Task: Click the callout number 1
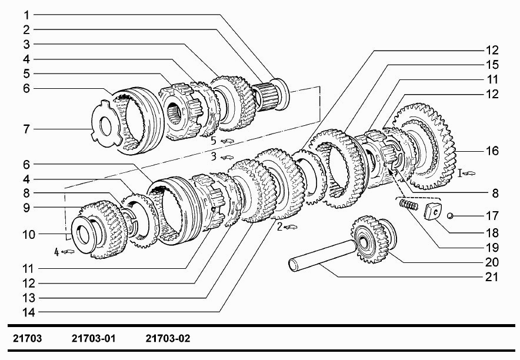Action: (26, 15)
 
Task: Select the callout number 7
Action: (26, 129)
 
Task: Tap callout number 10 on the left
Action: (28, 234)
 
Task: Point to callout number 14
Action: (28, 312)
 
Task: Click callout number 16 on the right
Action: (492, 151)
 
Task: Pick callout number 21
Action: (492, 277)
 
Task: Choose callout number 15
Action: (492, 65)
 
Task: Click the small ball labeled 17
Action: (450, 216)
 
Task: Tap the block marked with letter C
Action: (433, 212)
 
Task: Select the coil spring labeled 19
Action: (408, 205)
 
